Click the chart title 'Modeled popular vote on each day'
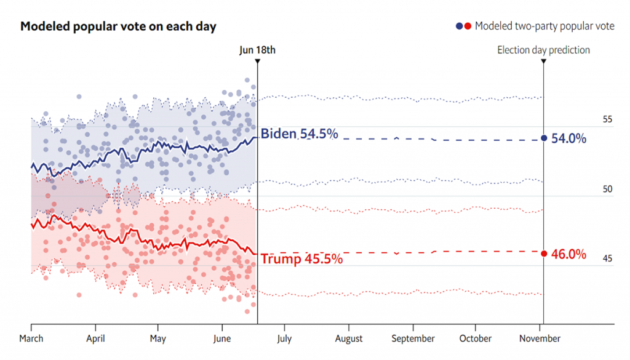[x=118, y=27]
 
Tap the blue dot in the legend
[x=459, y=26]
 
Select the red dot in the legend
[x=468, y=26]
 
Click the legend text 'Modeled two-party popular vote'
[x=544, y=26]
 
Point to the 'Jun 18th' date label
[x=257, y=50]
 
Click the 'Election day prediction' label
[x=543, y=50]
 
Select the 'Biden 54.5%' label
[x=299, y=134]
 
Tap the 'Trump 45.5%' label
[x=301, y=259]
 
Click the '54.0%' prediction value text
[x=568, y=138]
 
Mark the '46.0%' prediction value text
[x=568, y=254]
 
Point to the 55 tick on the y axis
[x=607, y=119]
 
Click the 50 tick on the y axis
[x=607, y=190]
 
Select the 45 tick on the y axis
[x=607, y=258]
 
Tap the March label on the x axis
[x=31, y=338]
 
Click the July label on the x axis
[x=284, y=338]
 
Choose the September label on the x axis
[x=413, y=338]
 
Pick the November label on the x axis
[x=540, y=338]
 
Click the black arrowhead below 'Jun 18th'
[x=257, y=61]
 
